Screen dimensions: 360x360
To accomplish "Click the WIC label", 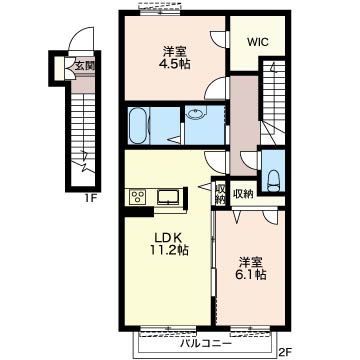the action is pos(258,43).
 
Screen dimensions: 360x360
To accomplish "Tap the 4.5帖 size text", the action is pos(175,64).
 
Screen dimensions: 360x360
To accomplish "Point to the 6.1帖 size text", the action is pos(252,275).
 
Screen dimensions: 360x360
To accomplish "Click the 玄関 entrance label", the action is pos(84,66).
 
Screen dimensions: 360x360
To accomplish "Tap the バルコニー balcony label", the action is pos(206,344).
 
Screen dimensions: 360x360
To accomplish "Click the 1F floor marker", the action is pos(90,198).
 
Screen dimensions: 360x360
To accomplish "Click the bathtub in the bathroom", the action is pos(138,126).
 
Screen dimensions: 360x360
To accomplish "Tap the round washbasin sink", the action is pos(195,114).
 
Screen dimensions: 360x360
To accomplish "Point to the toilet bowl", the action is pos(273,181).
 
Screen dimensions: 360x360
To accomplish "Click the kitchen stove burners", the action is pos(137,197).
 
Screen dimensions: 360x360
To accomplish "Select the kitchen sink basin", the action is pos(169,197).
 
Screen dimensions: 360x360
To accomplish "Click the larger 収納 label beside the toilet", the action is pos(243,193).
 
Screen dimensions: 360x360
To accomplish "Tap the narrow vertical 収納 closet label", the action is pos(220,194).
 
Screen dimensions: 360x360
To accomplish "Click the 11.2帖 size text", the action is pos(168,250).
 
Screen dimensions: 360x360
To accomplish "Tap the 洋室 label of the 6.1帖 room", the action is pos(251,262).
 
